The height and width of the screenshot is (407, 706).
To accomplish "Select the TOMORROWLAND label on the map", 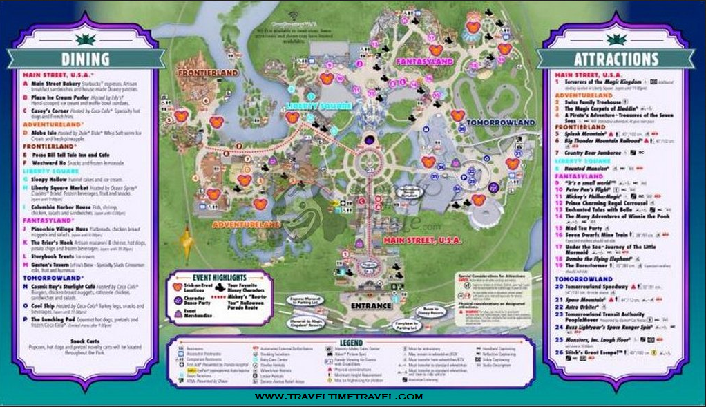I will click(x=501, y=122).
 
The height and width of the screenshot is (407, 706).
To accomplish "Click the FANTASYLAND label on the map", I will click(x=423, y=61).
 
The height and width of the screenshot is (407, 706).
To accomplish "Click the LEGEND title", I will click(x=351, y=343).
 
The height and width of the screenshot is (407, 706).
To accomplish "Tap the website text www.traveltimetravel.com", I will click(x=338, y=397).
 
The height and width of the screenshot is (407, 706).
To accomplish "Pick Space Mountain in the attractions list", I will click(x=586, y=301).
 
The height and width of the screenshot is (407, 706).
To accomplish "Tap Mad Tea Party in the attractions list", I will click(x=584, y=227).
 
